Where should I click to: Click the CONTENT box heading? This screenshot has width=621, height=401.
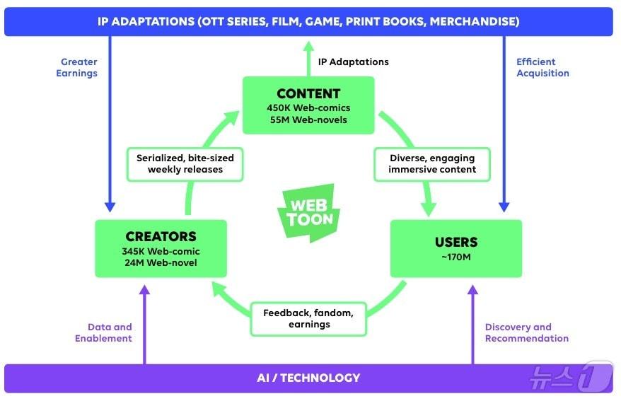coord(308,93)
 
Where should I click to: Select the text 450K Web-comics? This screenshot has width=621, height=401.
coord(308,108)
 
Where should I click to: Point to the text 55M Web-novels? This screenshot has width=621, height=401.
coord(308,120)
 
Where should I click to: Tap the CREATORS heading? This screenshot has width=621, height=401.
coord(161,236)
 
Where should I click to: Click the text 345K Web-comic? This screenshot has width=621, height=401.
coord(161,251)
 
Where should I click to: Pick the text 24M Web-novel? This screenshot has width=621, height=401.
coord(161,263)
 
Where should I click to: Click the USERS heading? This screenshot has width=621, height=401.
coord(456,243)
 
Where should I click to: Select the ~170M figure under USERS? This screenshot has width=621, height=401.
coord(456,256)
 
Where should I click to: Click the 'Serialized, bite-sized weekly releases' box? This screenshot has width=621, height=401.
coord(185,163)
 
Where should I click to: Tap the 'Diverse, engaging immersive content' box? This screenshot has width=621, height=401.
coord(432,163)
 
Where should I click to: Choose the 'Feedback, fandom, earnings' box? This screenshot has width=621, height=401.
coord(308,318)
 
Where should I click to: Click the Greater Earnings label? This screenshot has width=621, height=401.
coord(77,67)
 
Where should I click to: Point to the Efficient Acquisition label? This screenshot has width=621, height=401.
coord(542,67)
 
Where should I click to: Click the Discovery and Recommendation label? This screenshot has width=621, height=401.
coord(527,332)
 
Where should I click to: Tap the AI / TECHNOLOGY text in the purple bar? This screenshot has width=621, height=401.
coord(308,378)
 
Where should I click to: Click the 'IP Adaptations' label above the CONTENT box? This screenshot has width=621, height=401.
coord(353,62)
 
